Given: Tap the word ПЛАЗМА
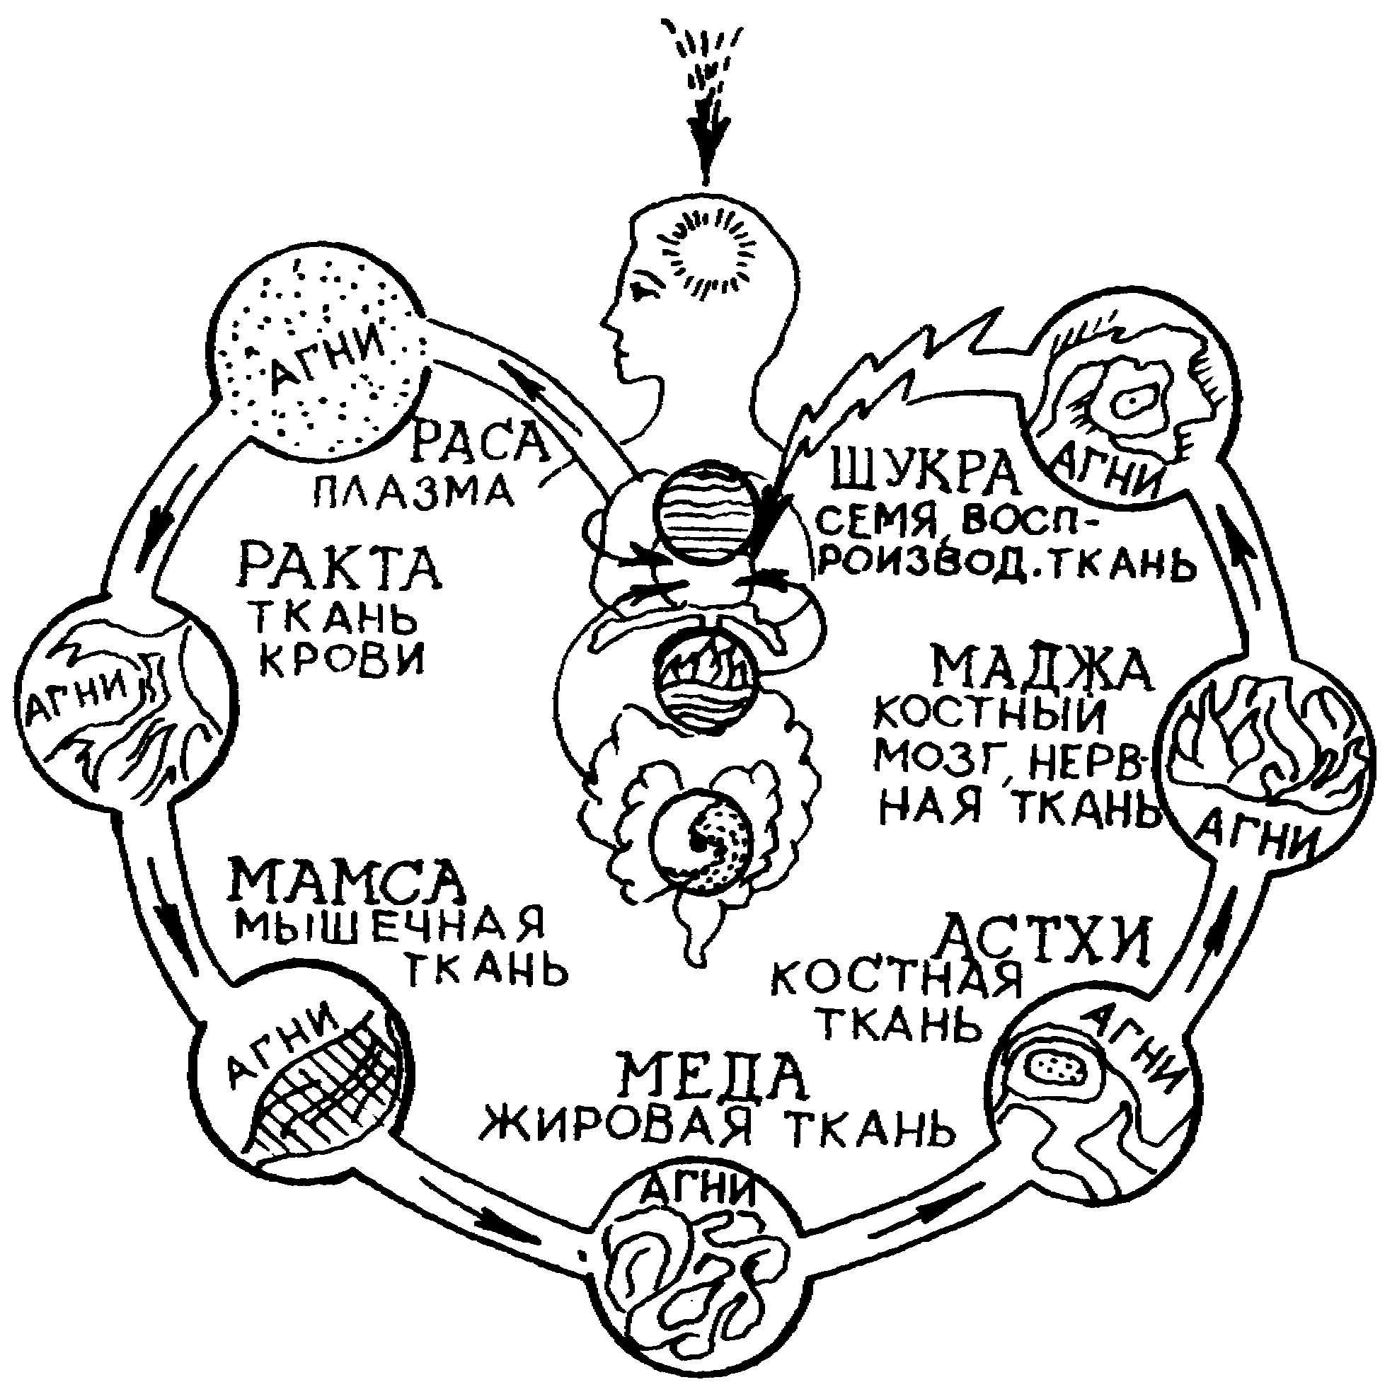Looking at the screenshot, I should (414, 494).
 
